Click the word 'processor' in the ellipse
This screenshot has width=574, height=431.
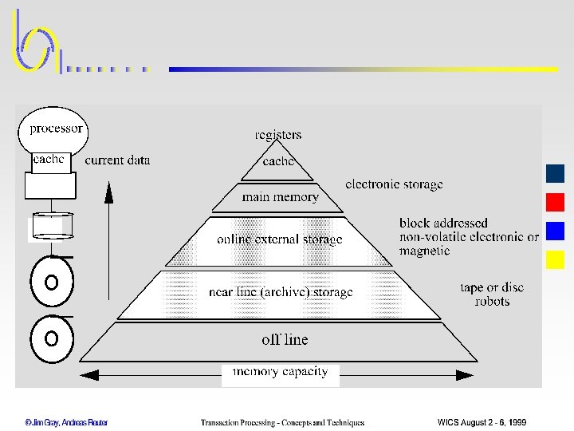(x=56, y=129)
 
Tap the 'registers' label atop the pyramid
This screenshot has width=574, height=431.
(x=278, y=135)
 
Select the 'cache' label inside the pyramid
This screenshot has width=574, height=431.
(x=279, y=161)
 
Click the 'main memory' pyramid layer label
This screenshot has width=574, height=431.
(x=280, y=197)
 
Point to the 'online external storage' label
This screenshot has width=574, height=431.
(x=279, y=239)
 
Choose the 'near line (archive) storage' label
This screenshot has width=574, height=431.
(x=280, y=292)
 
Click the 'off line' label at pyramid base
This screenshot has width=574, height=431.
(x=285, y=339)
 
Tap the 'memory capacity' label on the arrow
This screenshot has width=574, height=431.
(x=280, y=372)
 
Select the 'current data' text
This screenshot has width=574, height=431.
(x=117, y=160)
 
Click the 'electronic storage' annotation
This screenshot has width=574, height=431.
(x=394, y=184)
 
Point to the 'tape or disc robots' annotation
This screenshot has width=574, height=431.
(x=492, y=295)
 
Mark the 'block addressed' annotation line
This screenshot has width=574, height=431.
(x=443, y=223)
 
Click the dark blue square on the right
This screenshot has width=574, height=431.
(x=556, y=173)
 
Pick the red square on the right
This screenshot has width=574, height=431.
(x=556, y=202)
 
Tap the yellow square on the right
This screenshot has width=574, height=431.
(x=556, y=259)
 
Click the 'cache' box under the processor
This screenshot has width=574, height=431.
(x=49, y=160)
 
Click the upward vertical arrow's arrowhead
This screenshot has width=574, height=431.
(x=109, y=188)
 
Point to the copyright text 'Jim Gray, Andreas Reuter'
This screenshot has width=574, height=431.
(x=66, y=422)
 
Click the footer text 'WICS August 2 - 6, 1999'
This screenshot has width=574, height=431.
(x=482, y=422)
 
